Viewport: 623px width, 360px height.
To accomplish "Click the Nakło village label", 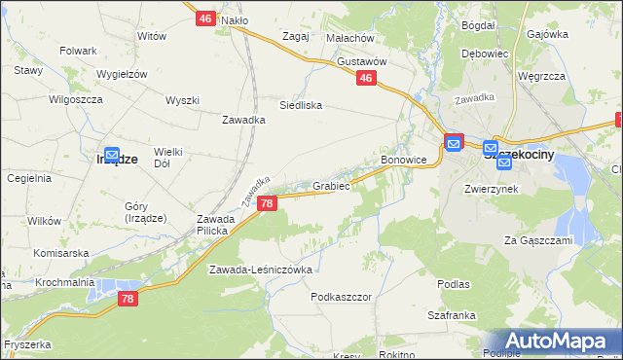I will [235, 19].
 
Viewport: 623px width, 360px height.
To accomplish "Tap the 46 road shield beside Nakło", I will [204, 18].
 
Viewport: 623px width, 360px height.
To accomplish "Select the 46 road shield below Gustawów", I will [366, 79].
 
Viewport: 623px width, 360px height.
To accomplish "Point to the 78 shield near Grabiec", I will [268, 203].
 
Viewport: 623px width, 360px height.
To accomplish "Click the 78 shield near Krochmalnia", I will [128, 301].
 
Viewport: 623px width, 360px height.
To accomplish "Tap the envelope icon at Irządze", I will [112, 155].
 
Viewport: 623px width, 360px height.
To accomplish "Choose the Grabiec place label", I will [331, 185].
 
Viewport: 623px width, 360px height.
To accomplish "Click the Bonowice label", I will [404, 159].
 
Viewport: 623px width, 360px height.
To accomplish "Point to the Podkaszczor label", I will [342, 297].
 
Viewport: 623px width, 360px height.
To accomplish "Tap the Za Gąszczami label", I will [535, 239].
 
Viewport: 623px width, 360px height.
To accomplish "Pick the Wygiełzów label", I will [121, 74].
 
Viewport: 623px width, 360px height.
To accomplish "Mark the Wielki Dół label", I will [168, 158].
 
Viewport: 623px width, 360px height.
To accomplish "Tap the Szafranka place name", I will [451, 315].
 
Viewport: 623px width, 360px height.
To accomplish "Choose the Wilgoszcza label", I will [75, 98].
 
